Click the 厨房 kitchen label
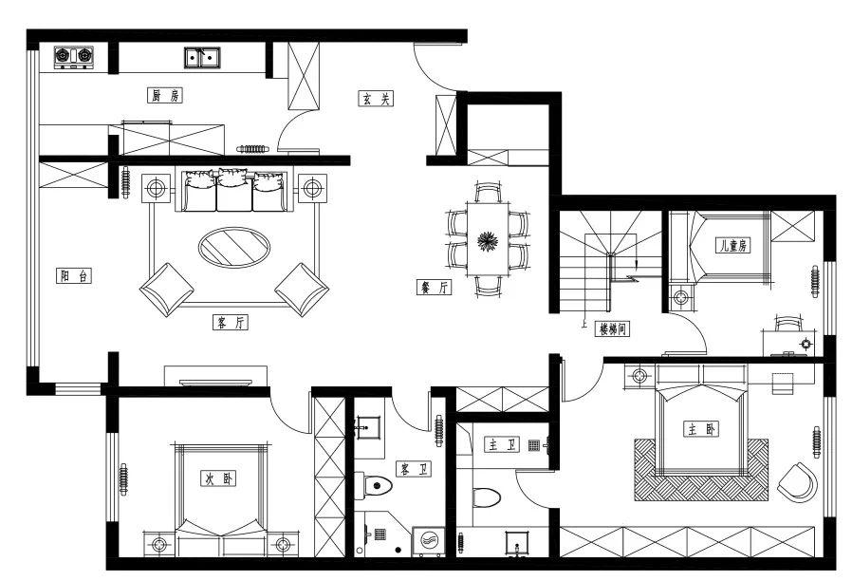tap(165, 96)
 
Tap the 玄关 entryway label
tap(376, 99)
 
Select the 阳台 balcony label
tap(74, 276)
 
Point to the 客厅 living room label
tap(231, 323)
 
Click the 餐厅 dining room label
tap(434, 287)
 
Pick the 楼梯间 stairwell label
tap(613, 328)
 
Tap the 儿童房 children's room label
tap(733, 245)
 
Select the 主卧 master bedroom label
tap(701, 429)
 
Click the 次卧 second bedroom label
tap(218, 478)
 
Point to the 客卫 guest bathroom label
tap(414, 468)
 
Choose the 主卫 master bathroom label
tap(502, 445)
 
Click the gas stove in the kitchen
tap(74, 57)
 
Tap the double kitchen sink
tap(202, 57)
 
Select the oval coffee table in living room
tap(234, 247)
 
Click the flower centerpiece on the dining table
tap(488, 241)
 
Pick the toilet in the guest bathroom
tap(374, 485)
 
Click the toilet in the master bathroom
tap(487, 497)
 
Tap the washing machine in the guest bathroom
tap(429, 542)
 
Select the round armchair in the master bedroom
tap(797, 482)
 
